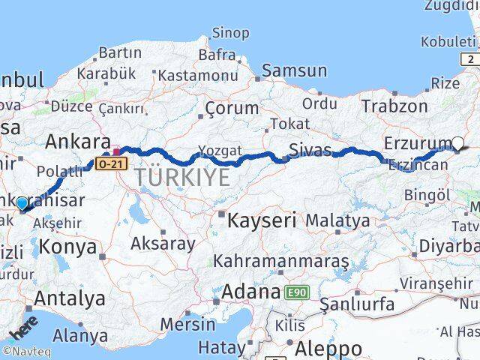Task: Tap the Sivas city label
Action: pos(310,150)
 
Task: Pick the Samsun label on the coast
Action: pos(294,70)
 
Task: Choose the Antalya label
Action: pos(70,298)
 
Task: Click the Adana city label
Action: pos(251,291)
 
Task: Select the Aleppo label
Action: pos(328,348)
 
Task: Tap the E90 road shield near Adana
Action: pos(295,292)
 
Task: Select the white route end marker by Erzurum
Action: pos(458,142)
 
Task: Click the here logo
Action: pos(23,329)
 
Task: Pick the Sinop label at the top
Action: pos(230,32)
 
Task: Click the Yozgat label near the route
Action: pos(214,149)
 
